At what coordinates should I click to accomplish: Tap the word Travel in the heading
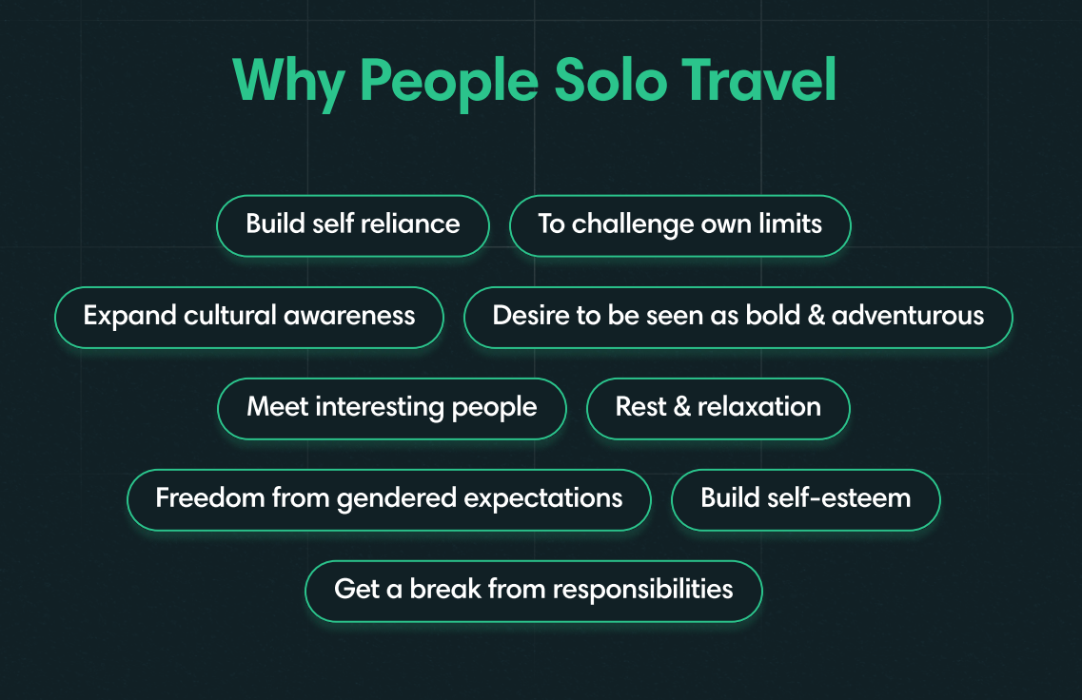coord(759,81)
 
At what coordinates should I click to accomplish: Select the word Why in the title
coord(287,83)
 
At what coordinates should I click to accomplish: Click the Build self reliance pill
coord(353,225)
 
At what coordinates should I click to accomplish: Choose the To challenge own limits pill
coord(679,225)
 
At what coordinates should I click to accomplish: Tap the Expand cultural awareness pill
coord(249,317)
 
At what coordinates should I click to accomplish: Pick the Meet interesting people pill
coord(391,408)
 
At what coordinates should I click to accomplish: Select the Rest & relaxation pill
coord(718,408)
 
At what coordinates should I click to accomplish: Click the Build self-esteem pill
coord(805,499)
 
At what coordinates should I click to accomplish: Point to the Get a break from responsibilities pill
coord(533,591)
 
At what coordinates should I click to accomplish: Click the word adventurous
coord(908,317)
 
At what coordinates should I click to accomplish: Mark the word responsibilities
coord(642,591)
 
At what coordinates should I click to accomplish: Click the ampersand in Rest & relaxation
coord(681,408)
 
